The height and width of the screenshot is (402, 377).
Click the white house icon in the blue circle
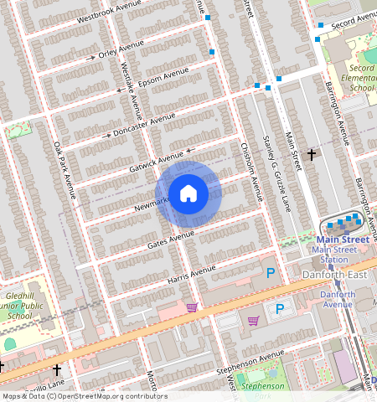click(x=188, y=193)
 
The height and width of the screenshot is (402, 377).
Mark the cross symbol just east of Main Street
click(x=312, y=154)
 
